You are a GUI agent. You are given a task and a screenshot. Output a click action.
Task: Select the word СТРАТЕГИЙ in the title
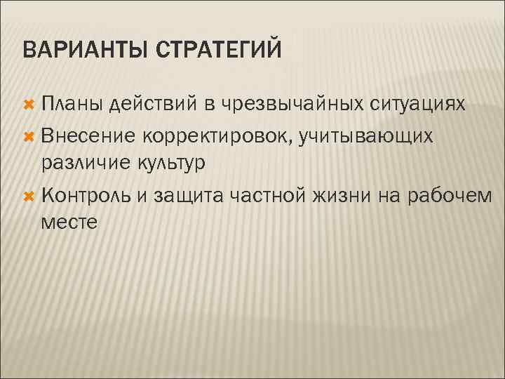pos(223,51)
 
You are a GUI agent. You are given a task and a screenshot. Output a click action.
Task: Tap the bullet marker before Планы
pos(29,105)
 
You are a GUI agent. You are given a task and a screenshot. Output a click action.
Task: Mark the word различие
pos(81,163)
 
